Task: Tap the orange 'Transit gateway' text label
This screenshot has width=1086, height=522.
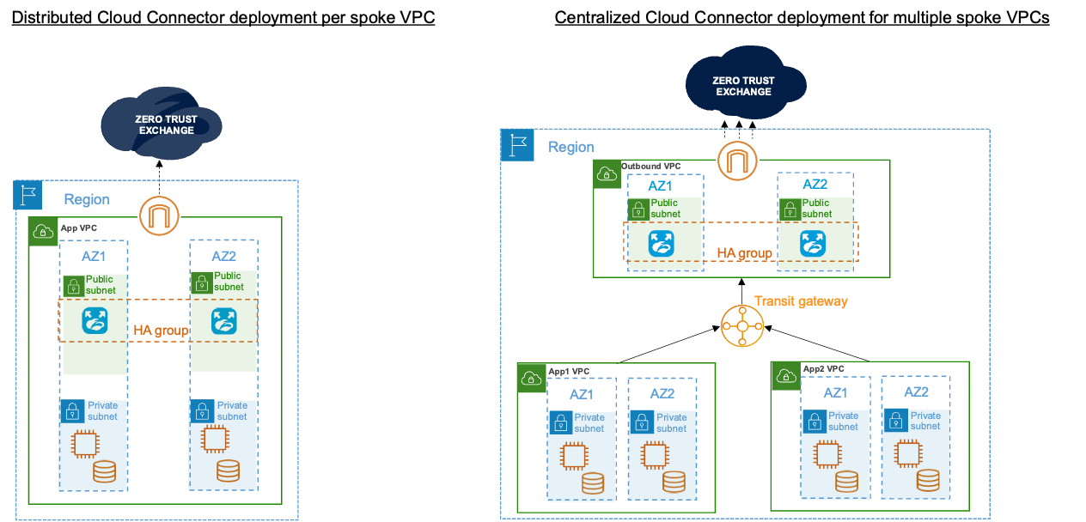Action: point(801,301)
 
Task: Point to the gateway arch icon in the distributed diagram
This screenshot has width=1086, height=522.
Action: point(158,214)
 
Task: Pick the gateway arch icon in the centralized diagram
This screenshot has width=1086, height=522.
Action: point(737,161)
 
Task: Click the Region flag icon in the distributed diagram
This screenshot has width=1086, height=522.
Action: point(28,196)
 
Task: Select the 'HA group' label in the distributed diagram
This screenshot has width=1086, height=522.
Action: point(161,331)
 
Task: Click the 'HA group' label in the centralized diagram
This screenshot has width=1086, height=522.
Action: point(744,254)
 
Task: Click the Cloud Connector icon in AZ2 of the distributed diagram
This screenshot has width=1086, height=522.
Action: point(223,321)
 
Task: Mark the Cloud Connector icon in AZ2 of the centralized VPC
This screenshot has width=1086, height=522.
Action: point(813,244)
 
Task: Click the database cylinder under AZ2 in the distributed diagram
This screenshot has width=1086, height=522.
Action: point(227,470)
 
